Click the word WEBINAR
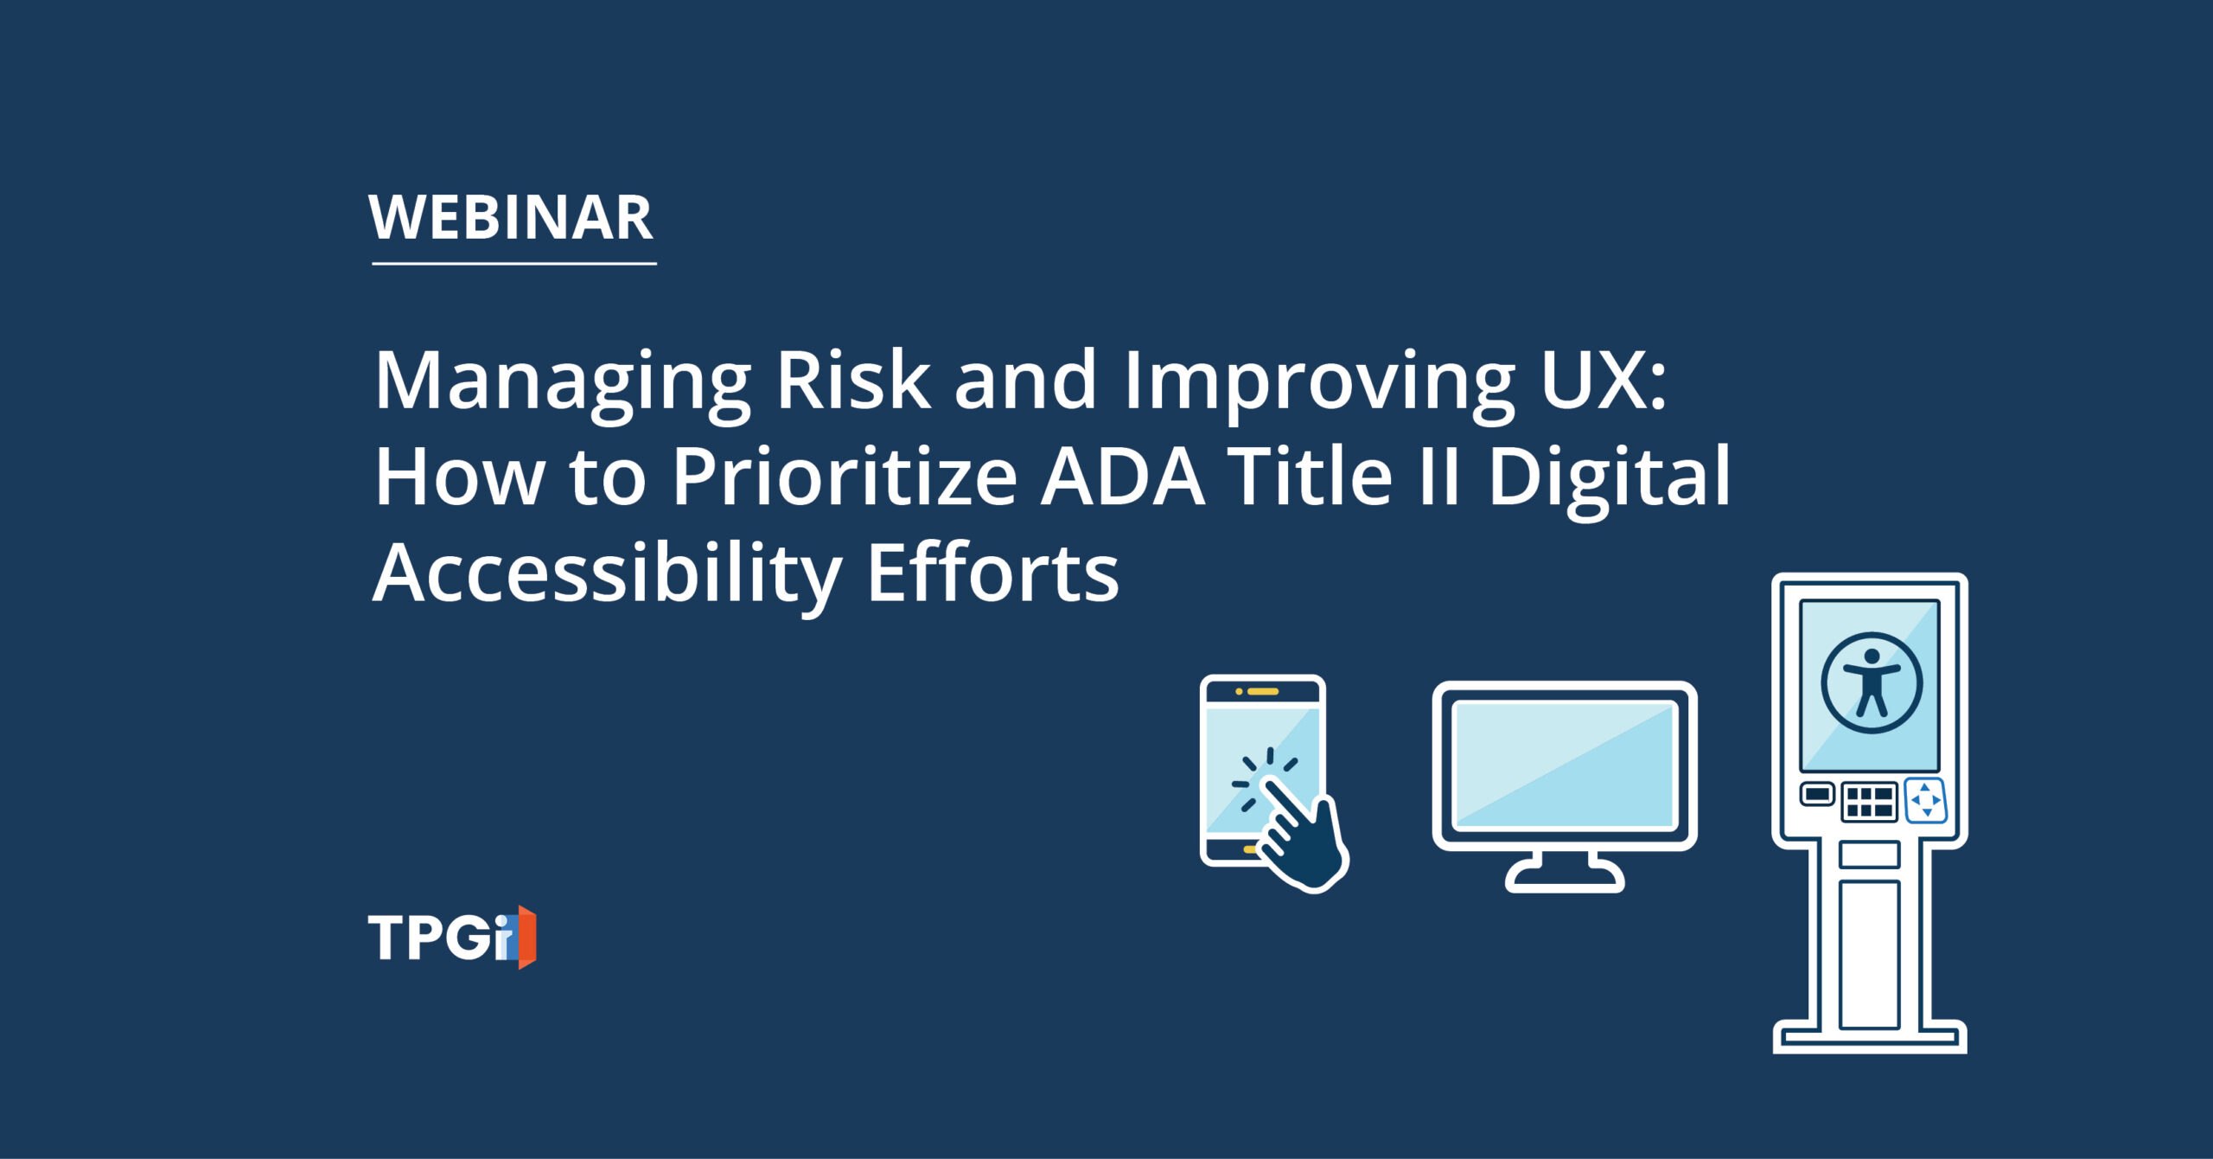(511, 217)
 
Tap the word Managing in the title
(563, 383)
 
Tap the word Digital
(1609, 481)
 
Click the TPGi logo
(452, 937)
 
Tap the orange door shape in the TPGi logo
(526, 938)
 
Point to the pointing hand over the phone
(1302, 834)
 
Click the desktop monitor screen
(1565, 765)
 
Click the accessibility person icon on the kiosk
(1872, 682)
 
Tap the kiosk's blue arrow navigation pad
(1926, 800)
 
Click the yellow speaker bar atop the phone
(1263, 691)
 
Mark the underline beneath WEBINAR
(514, 263)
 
